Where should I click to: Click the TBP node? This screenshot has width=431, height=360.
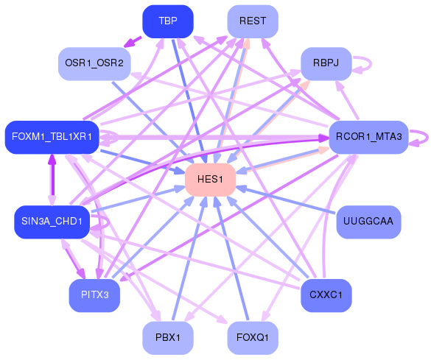point(167,21)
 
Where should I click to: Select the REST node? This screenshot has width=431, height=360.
point(253,21)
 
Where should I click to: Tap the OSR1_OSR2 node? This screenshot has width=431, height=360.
point(94,63)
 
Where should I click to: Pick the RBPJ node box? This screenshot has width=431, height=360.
point(325,63)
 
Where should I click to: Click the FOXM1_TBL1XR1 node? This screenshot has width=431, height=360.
point(52,137)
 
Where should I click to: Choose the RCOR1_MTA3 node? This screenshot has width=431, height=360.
point(368,137)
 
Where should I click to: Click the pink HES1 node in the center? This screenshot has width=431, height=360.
point(210,180)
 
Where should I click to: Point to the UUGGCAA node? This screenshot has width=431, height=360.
point(368,222)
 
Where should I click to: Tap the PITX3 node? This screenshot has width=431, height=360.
point(94,296)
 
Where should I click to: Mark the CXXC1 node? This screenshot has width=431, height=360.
point(326,296)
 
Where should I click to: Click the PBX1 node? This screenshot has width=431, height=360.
point(167,338)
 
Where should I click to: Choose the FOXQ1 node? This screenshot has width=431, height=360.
point(253,338)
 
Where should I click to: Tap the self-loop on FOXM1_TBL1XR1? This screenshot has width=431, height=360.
point(111,137)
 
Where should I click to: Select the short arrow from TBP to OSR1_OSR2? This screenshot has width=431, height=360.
point(131,41)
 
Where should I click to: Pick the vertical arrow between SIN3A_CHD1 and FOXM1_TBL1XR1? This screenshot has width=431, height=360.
point(52,179)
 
